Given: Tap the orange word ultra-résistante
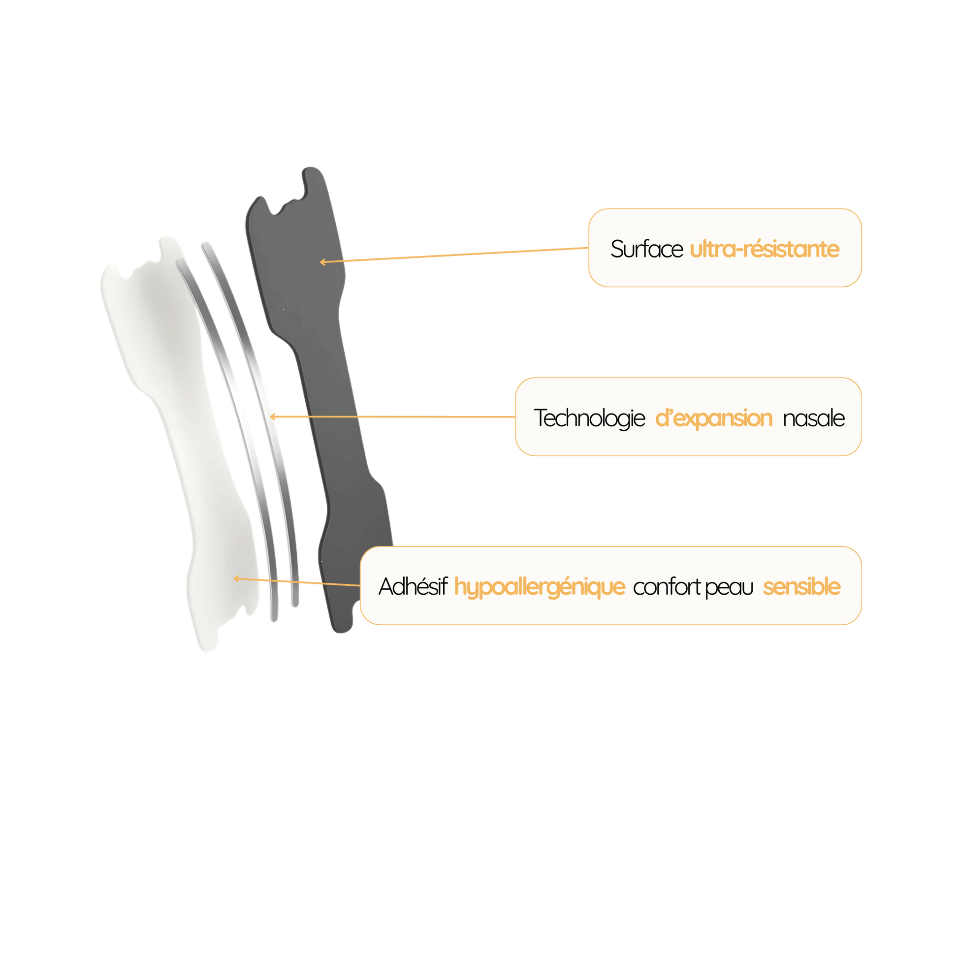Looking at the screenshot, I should pyautogui.click(x=764, y=249).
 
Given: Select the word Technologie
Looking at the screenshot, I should pyautogui.click(x=589, y=418).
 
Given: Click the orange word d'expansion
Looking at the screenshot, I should pyautogui.click(x=713, y=418).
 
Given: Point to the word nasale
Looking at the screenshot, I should pyautogui.click(x=814, y=418).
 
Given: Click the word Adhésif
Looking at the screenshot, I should pyautogui.click(x=413, y=587).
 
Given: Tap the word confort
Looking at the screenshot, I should pyautogui.click(x=667, y=587).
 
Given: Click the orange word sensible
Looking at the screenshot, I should pyautogui.click(x=801, y=587).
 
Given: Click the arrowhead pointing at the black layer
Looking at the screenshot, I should pyautogui.click(x=322, y=262).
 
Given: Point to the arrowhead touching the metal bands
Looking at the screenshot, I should pyautogui.click(x=272, y=416).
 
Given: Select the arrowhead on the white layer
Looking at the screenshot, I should pyautogui.click(x=236, y=578).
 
